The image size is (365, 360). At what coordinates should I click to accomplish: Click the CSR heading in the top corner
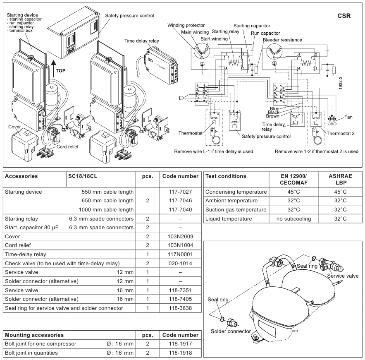tap(344, 16)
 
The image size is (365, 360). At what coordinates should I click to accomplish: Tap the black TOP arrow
tap(54, 69)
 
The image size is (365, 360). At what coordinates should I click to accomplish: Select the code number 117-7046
tap(180, 201)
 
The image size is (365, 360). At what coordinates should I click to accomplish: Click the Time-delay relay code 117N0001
tap(180, 254)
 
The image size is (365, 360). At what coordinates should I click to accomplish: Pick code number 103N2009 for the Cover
tap(180, 237)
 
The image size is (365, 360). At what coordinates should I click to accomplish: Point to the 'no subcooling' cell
tap(293, 219)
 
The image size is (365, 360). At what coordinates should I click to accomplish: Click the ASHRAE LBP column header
tap(340, 179)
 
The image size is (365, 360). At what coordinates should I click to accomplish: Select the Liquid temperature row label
tap(229, 219)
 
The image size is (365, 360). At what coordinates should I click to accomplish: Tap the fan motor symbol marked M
tap(332, 119)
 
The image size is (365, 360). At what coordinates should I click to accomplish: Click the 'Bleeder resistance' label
tap(282, 40)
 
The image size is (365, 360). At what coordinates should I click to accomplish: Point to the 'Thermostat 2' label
tap(341, 134)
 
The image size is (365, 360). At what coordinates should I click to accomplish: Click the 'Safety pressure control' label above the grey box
tap(129, 16)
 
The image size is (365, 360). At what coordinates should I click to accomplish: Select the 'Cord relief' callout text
tap(67, 146)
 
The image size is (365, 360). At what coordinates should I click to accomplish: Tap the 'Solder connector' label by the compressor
tap(231, 331)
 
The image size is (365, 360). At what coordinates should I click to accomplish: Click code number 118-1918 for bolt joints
tap(180, 353)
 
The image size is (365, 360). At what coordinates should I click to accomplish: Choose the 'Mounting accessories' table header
tap(34, 335)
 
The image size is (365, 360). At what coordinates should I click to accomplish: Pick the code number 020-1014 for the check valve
tap(180, 264)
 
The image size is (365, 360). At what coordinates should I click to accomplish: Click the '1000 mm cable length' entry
tap(106, 210)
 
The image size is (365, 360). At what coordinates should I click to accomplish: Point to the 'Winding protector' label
tap(186, 25)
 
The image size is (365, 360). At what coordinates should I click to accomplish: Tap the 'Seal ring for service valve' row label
tap(64, 308)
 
